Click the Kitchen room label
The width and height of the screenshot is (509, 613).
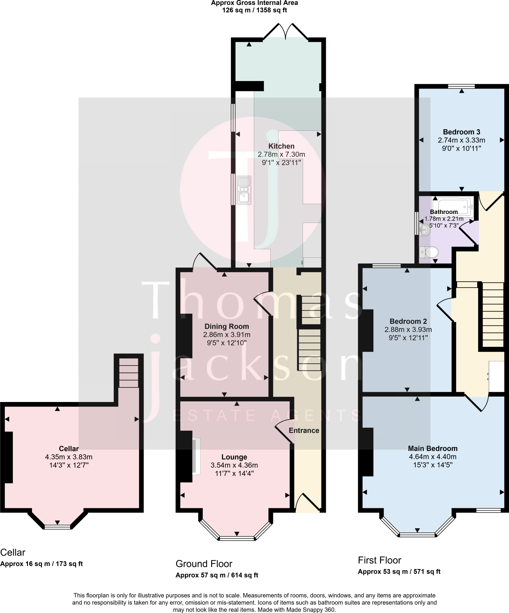pyautogui.click(x=281, y=146)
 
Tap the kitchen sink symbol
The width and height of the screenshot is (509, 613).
pyautogui.click(x=244, y=190)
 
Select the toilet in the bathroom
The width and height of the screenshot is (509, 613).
pyautogui.click(x=429, y=252)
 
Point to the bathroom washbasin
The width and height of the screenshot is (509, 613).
pyautogui.click(x=424, y=230)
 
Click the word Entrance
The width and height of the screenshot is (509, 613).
pyautogui.click(x=304, y=430)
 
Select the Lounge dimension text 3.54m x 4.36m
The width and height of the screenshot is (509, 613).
pyautogui.click(x=234, y=465)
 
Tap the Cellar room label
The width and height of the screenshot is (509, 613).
pyautogui.click(x=69, y=448)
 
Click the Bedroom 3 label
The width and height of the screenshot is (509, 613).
pyautogui.click(x=461, y=132)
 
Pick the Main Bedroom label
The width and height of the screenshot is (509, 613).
pyautogui.click(x=433, y=448)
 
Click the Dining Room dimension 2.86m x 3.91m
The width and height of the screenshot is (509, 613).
pyautogui.click(x=227, y=335)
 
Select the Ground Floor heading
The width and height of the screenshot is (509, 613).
pyautogui.click(x=204, y=564)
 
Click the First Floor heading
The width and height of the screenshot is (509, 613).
pyautogui.click(x=379, y=560)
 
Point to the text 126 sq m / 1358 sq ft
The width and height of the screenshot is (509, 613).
pyautogui.click(x=254, y=10)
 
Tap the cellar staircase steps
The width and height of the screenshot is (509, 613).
pyautogui.click(x=129, y=373)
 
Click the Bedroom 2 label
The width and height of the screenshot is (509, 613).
pyautogui.click(x=408, y=321)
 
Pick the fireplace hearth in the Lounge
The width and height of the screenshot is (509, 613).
pyautogui.click(x=196, y=456)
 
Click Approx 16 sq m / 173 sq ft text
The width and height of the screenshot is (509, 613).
pyautogui.click(x=42, y=564)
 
